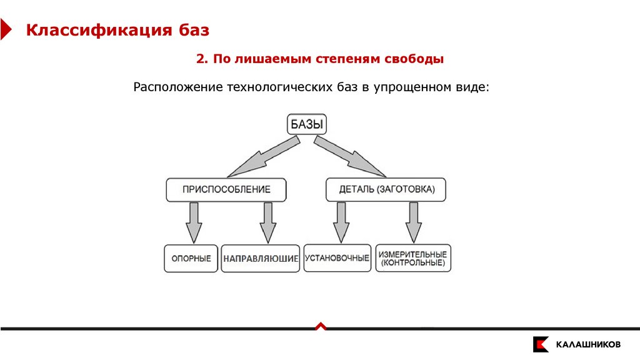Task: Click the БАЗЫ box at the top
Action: pyautogui.click(x=307, y=124)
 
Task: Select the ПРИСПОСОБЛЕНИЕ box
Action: pyautogui.click(x=226, y=189)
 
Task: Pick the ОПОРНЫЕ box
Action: pyautogui.click(x=191, y=258)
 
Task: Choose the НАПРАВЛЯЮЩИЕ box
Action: pyautogui.click(x=261, y=258)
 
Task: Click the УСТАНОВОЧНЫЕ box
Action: pyautogui.click(x=337, y=257)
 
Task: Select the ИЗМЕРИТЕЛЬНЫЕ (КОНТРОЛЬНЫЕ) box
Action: pyautogui.click(x=412, y=258)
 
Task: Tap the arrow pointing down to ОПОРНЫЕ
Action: pyautogui.click(x=194, y=222)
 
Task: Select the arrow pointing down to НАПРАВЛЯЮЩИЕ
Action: pyautogui.click(x=268, y=222)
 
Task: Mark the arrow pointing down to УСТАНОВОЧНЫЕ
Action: pyautogui.click(x=341, y=222)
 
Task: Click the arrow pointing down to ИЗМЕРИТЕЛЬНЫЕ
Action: pyautogui.click(x=412, y=222)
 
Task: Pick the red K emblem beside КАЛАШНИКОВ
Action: pyautogui.click(x=541, y=344)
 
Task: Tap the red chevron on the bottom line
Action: pyautogui.click(x=320, y=326)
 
